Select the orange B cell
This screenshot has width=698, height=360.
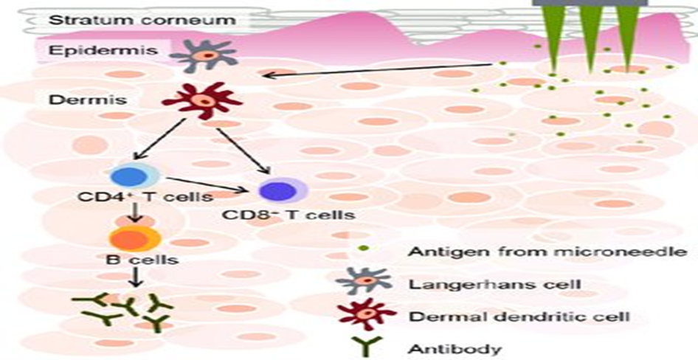[134, 238]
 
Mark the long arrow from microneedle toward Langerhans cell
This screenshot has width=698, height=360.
[376, 69]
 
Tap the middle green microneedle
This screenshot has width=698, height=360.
[590, 37]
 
